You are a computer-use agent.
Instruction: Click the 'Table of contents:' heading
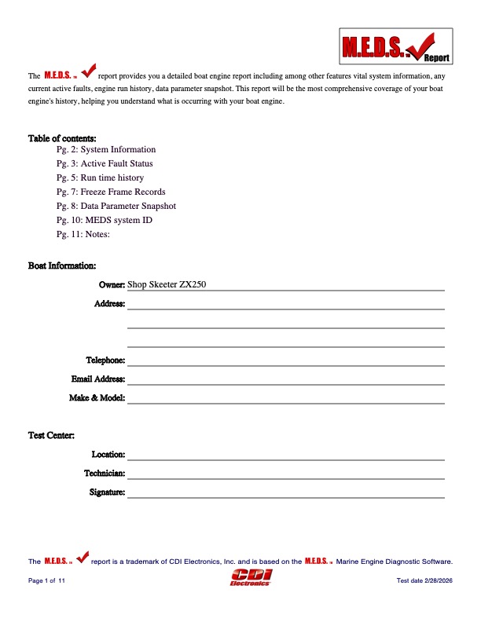click(62, 138)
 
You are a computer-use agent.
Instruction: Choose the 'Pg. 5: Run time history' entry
click(100, 177)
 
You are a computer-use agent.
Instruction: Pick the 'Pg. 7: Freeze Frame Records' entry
click(111, 192)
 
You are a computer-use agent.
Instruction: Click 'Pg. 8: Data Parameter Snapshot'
click(116, 206)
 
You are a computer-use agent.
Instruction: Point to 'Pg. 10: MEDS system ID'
click(105, 220)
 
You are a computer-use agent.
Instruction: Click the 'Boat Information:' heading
click(62, 266)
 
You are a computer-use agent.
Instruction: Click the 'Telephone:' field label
click(105, 360)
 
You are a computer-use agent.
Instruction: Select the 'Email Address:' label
click(98, 379)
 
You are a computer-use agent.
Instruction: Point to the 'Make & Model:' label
click(97, 398)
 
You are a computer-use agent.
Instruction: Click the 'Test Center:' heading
click(52, 435)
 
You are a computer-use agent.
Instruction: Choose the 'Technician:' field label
click(105, 473)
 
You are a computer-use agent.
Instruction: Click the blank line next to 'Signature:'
click(286, 492)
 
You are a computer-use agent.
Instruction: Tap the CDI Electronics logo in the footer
click(249, 578)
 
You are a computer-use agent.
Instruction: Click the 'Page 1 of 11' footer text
click(47, 580)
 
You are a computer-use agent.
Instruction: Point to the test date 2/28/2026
click(427, 580)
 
